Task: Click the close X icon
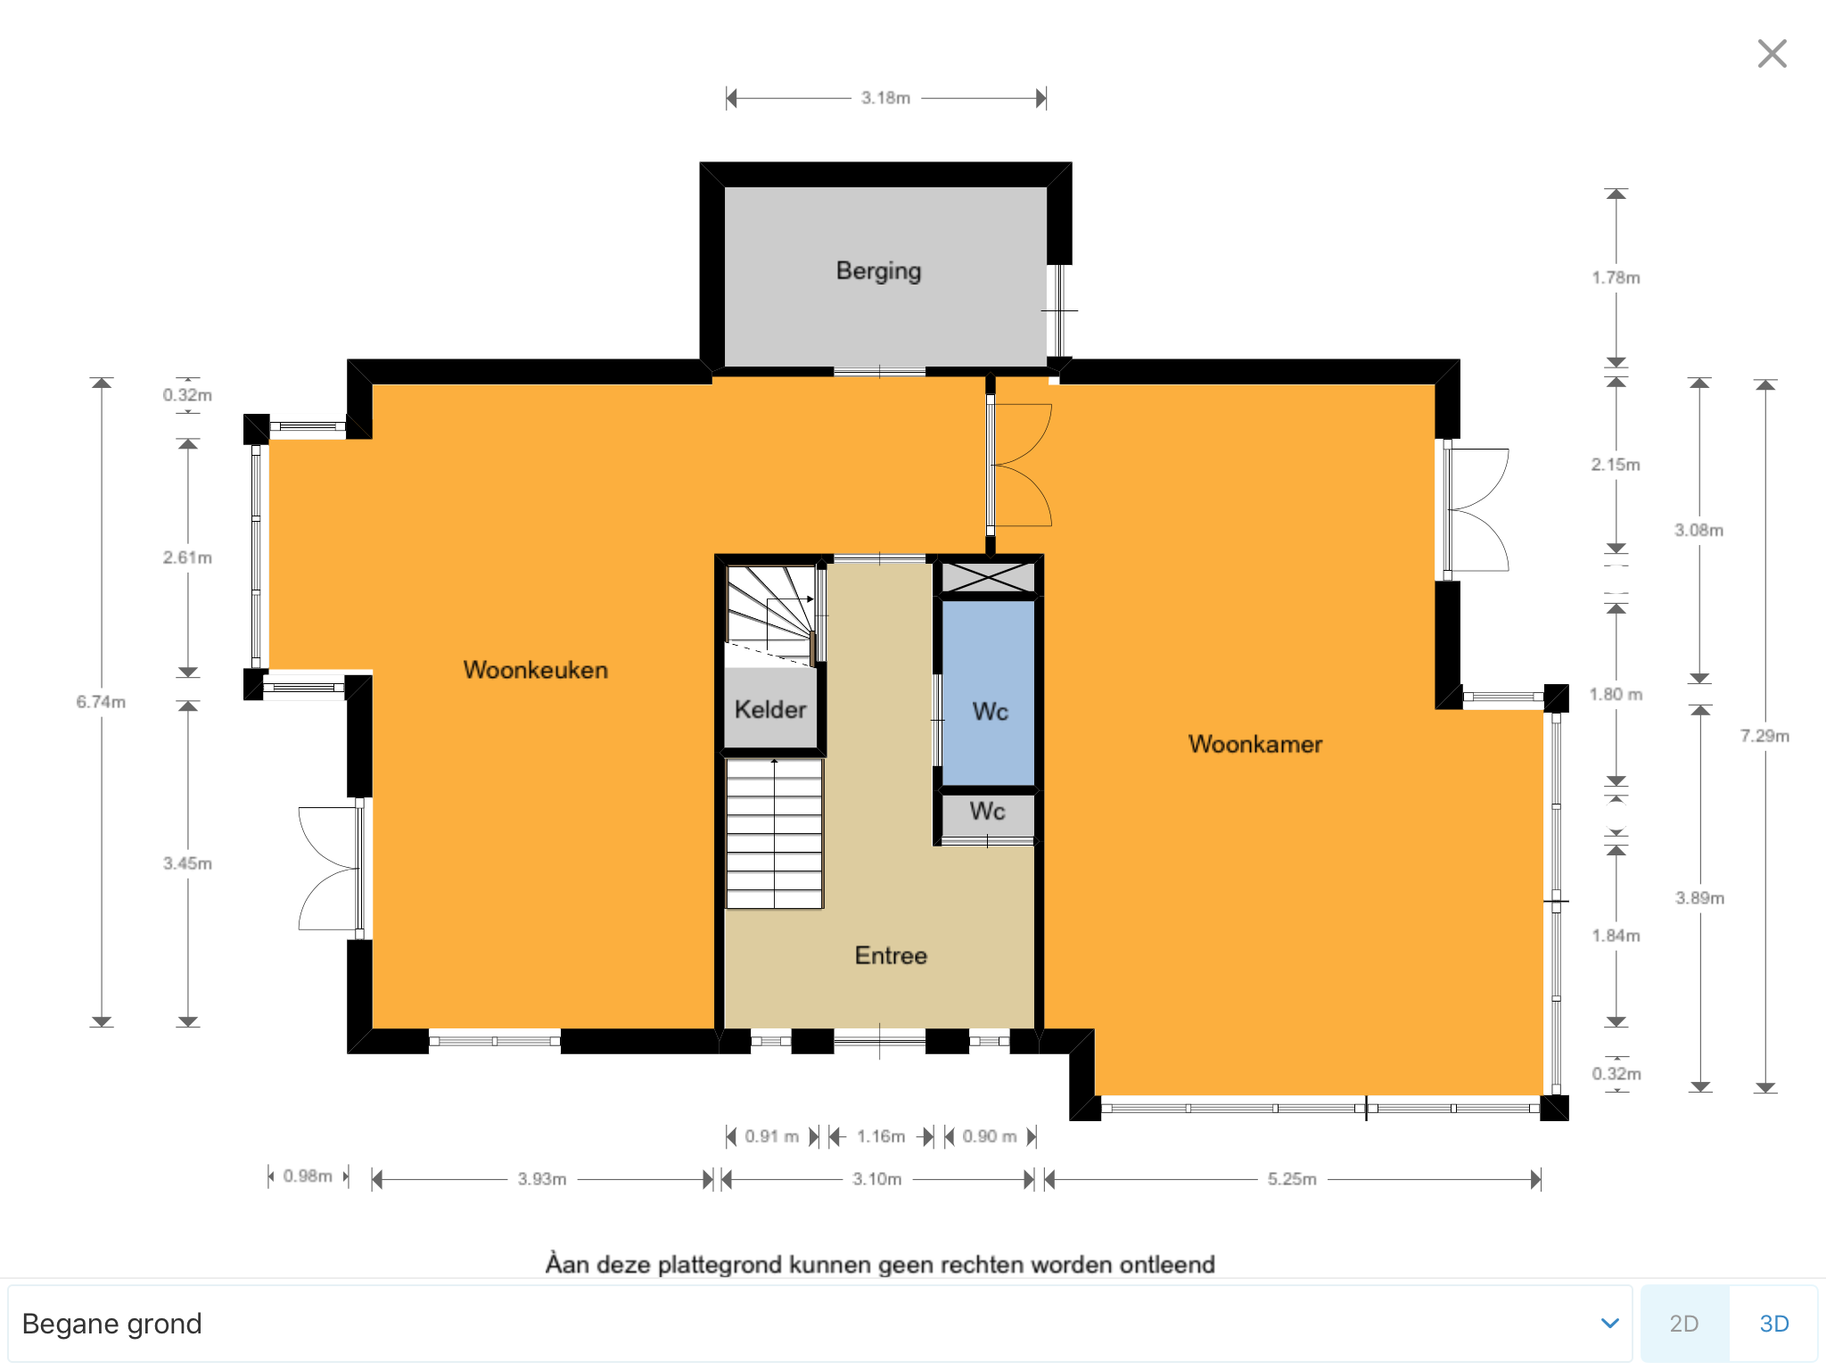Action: (x=1772, y=54)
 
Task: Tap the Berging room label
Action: (x=878, y=271)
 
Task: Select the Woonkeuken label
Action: (x=536, y=670)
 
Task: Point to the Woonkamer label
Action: (x=1255, y=744)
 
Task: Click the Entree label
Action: (x=891, y=955)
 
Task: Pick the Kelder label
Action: (x=770, y=710)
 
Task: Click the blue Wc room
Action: (x=989, y=692)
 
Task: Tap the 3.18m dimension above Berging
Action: (x=885, y=98)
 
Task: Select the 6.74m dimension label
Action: (x=101, y=702)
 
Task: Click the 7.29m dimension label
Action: (x=1764, y=736)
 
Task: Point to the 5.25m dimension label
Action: (x=1292, y=1179)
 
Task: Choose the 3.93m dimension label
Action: (x=542, y=1179)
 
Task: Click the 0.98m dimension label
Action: (x=308, y=1176)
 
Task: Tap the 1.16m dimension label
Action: (x=881, y=1136)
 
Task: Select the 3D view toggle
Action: (x=1773, y=1324)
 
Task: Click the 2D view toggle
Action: (x=1684, y=1324)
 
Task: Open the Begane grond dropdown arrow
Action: (x=1609, y=1324)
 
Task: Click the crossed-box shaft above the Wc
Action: (x=989, y=577)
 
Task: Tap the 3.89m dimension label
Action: (x=1699, y=898)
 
